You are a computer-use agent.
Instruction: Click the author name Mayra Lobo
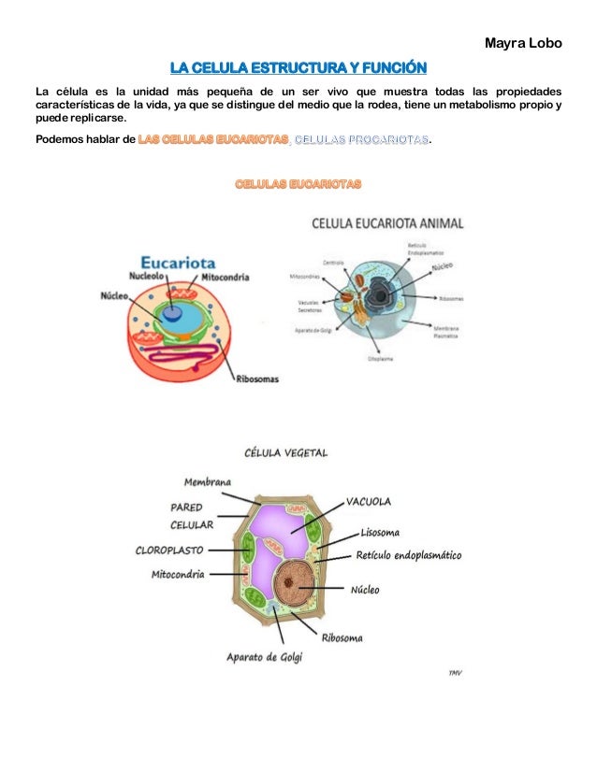524,43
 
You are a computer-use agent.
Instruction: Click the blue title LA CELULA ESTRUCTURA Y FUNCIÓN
298,67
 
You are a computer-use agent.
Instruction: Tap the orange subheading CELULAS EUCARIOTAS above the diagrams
298,184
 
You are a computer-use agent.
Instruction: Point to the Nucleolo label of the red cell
149,278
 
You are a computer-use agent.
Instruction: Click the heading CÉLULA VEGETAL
285,452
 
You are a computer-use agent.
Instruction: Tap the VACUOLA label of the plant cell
369,500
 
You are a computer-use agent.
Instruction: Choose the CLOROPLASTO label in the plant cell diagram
169,550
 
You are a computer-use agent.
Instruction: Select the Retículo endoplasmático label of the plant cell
409,555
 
